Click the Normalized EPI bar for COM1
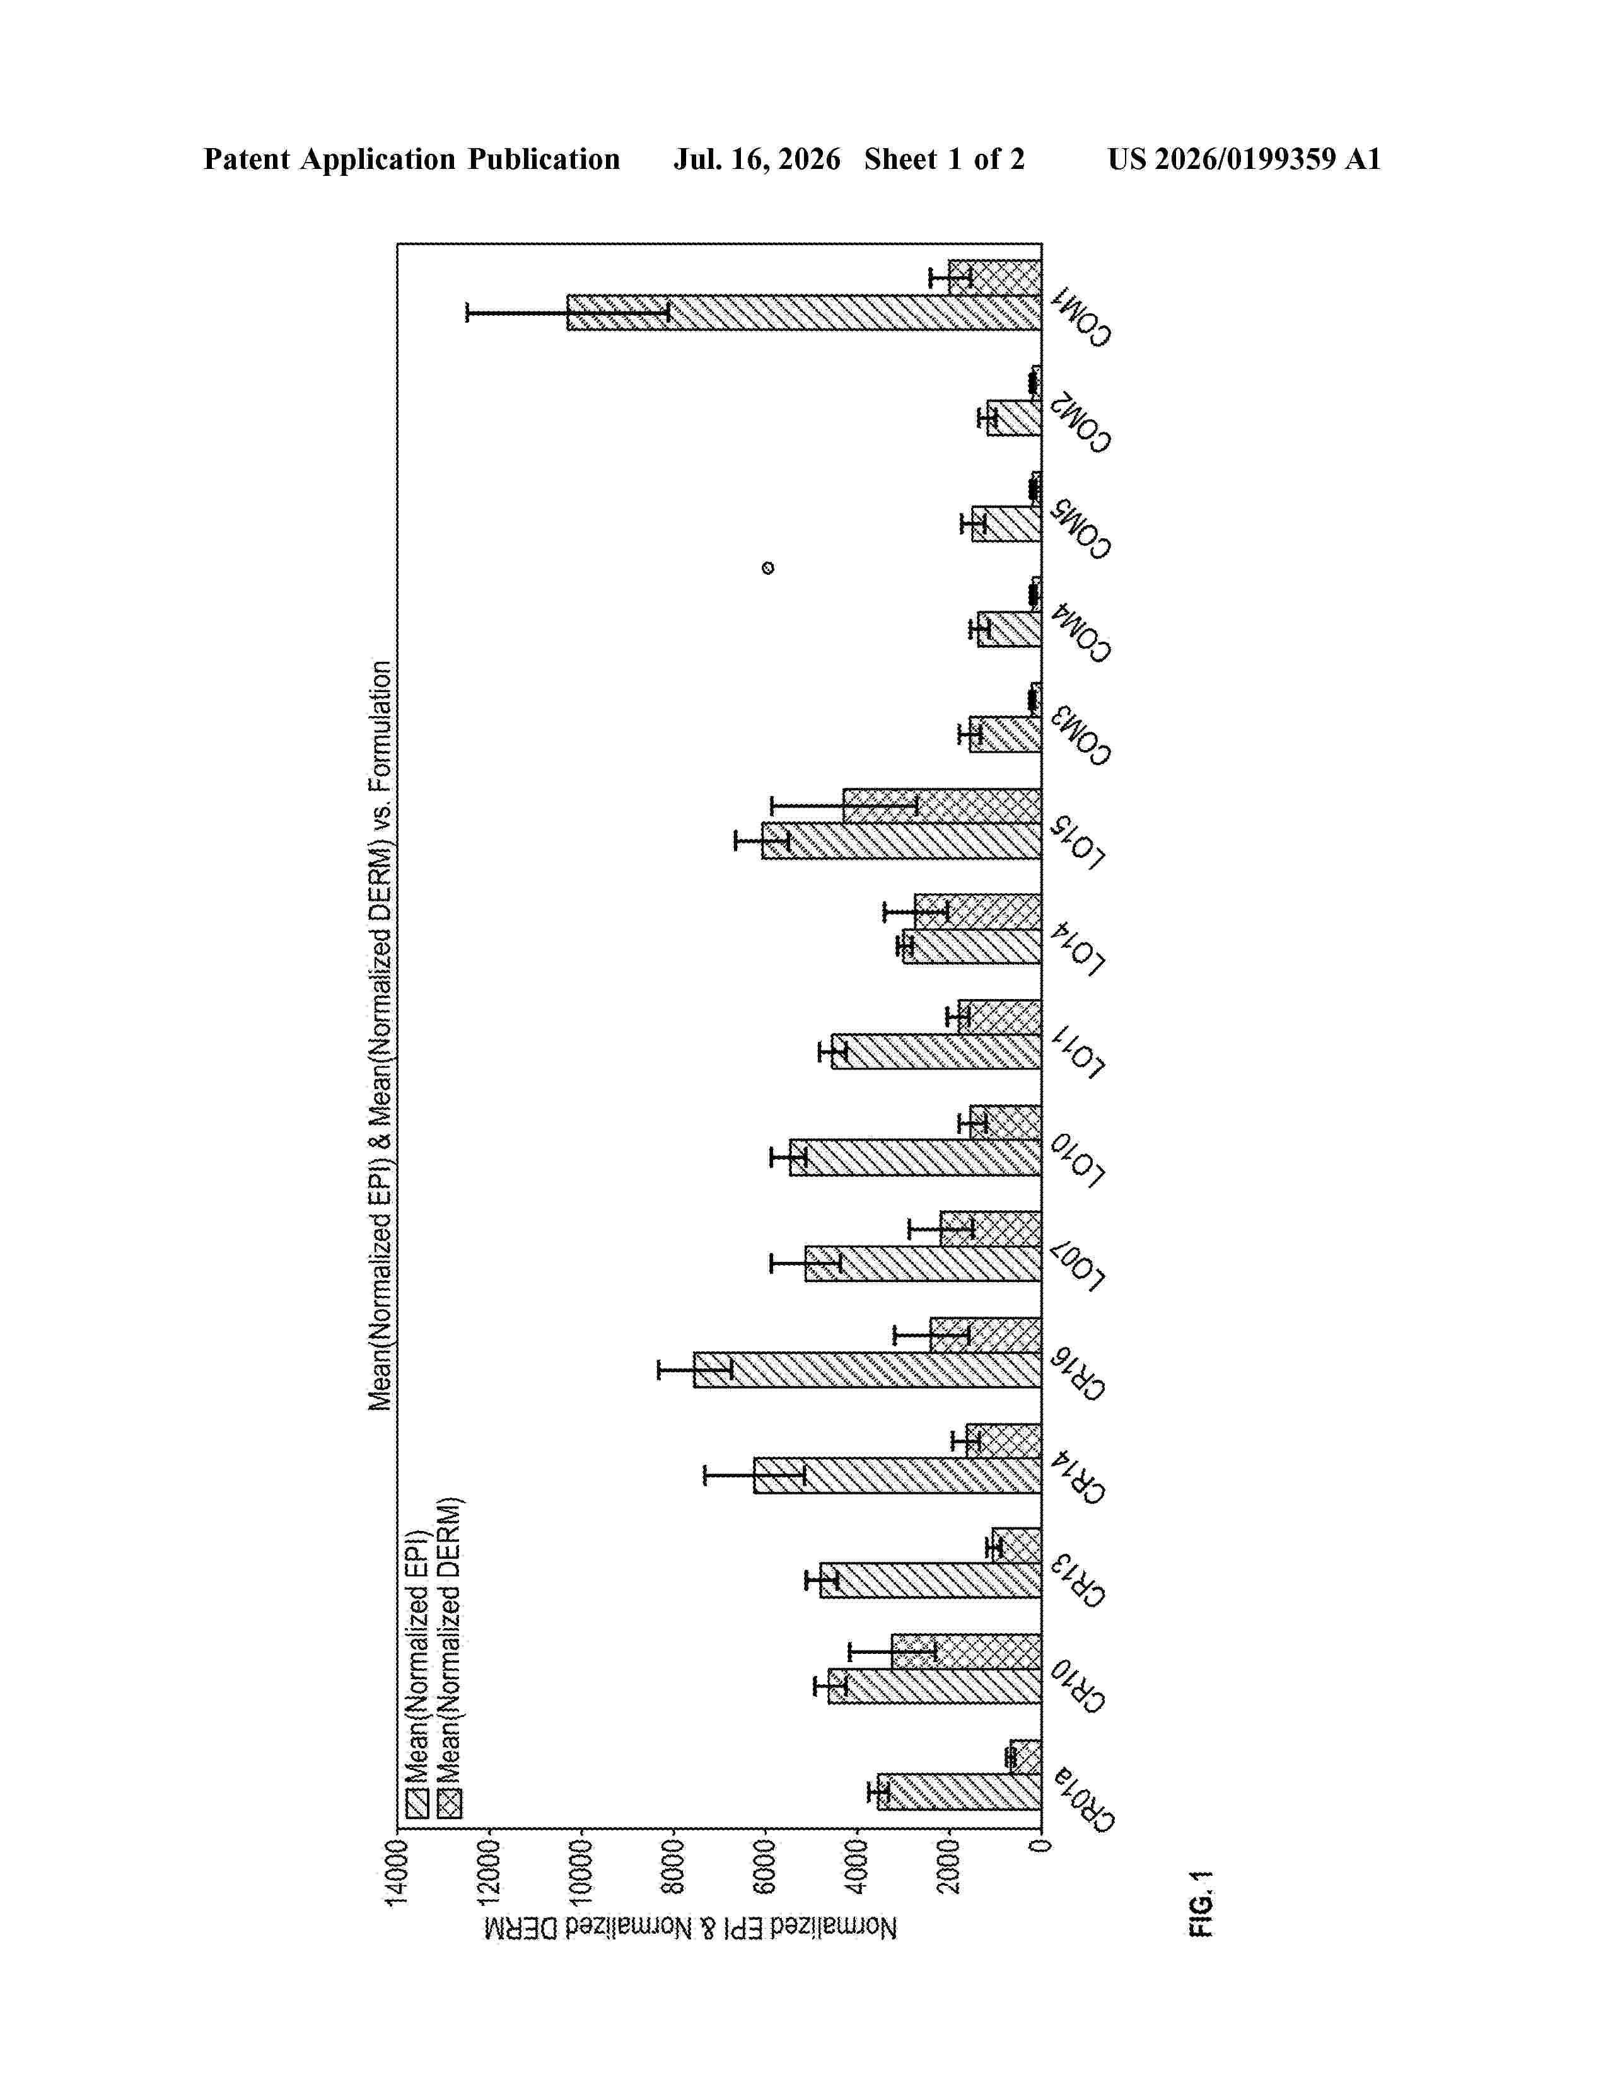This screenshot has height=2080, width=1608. [804, 313]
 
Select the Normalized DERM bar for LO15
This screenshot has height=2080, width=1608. [942, 806]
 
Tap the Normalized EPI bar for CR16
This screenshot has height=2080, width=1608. [867, 1370]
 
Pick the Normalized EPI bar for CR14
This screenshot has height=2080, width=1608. [897, 1476]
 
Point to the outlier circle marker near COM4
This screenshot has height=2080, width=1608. [768, 569]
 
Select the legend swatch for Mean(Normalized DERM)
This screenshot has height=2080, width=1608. [450, 1805]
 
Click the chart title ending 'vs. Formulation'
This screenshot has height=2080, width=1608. [380, 1035]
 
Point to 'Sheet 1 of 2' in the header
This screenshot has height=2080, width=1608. [944, 159]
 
